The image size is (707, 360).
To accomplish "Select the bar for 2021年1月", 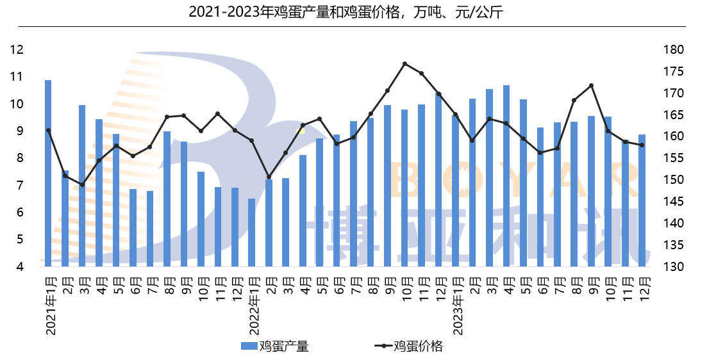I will (48, 173).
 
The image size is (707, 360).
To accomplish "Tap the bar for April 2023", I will (506, 176).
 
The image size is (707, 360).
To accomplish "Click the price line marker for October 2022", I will (404, 63).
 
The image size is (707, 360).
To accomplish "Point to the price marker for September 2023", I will (591, 85).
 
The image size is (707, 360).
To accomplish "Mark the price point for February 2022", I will (269, 177).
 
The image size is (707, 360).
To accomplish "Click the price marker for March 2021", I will (82, 184).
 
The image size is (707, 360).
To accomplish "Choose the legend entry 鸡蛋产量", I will (275, 347).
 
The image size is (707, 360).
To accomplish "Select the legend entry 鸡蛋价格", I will (410, 347).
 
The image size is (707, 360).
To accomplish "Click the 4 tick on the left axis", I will (20, 266).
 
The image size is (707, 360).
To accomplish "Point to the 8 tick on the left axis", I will (20, 158).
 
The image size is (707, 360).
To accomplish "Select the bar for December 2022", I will (438, 179).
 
